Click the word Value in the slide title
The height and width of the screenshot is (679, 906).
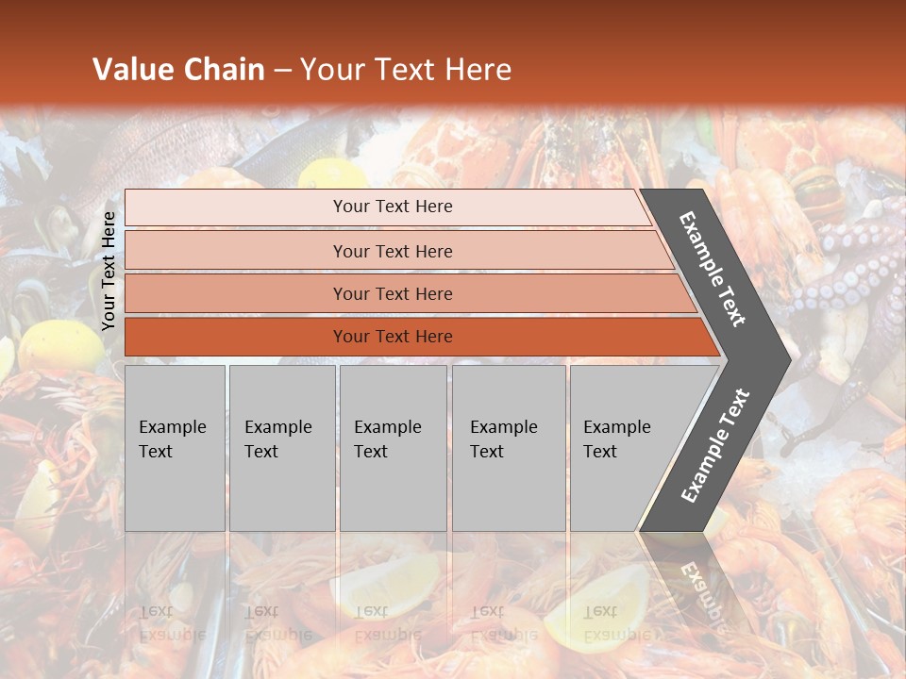tap(132, 70)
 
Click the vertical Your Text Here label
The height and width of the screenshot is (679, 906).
tap(109, 271)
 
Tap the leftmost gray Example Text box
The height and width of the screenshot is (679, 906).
tap(175, 448)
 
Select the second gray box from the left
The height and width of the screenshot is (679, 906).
tap(282, 448)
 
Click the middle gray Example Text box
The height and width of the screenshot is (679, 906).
tap(393, 448)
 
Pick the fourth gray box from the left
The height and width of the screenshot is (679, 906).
tap(509, 448)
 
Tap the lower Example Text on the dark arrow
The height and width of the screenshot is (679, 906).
tap(715, 446)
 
